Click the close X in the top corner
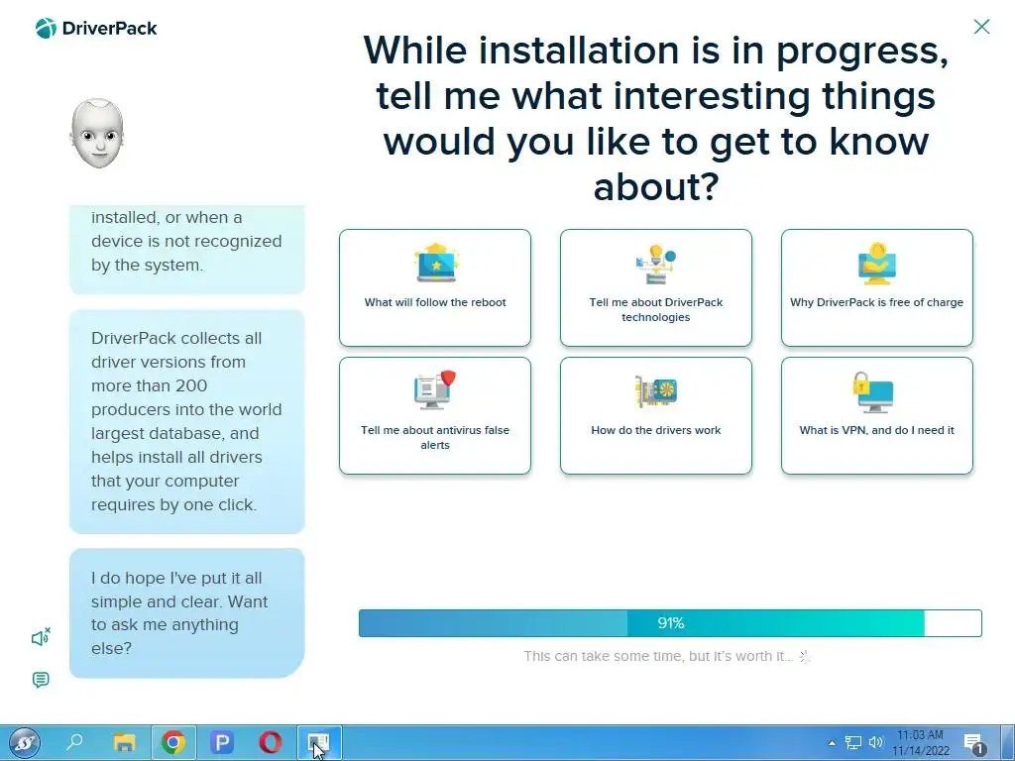981,27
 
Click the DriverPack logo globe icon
46,28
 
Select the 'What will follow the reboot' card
435,287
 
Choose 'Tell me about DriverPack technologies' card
656,287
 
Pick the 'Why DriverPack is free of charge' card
877,287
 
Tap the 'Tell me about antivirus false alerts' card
435,415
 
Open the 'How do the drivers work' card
656,415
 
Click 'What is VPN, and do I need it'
877,415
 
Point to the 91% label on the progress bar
671,623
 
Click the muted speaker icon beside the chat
41,637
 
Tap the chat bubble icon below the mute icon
40,680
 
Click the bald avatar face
97,134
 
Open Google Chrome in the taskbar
172,741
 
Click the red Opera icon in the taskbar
270,741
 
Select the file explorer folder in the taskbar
124,742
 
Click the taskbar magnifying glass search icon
75,741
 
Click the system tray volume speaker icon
876,742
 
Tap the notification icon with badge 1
974,743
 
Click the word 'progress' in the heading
861,52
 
